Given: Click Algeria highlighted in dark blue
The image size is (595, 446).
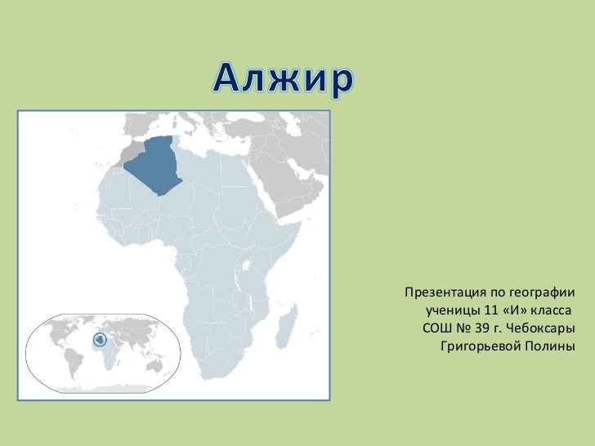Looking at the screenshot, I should pyautogui.click(x=158, y=163).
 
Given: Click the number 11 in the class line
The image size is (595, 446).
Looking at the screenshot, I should pyautogui.click(x=490, y=311).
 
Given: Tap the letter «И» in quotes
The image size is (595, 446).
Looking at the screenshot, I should pyautogui.click(x=515, y=311).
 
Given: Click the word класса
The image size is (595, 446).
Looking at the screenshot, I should pyautogui.click(x=552, y=311).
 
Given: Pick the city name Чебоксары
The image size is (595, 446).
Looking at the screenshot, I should pyautogui.click(x=541, y=330).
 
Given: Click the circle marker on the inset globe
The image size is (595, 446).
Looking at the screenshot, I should pyautogui.click(x=99, y=339).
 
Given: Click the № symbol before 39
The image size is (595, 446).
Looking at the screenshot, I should pyautogui.click(x=465, y=330).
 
